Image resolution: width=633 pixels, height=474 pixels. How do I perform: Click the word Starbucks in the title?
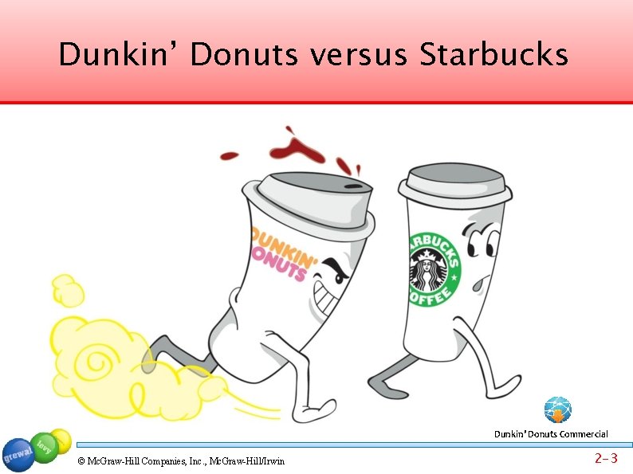[x=493, y=56]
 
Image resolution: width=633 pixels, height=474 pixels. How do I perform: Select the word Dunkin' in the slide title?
[x=119, y=56]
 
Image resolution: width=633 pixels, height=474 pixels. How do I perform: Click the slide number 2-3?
[x=606, y=459]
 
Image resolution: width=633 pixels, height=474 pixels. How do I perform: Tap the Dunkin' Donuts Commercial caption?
[x=551, y=434]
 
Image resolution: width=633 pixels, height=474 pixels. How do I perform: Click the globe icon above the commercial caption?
[x=557, y=409]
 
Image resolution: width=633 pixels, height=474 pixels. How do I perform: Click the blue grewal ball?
[x=18, y=455]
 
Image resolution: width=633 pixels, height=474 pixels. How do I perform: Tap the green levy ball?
[x=44, y=447]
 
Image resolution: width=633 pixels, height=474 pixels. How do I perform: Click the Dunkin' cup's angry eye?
[x=339, y=269]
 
